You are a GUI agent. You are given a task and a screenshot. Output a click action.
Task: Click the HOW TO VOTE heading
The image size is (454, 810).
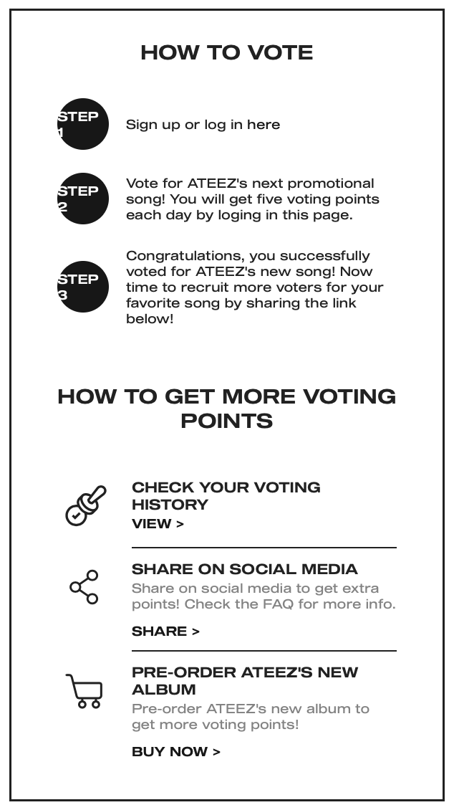click(x=226, y=52)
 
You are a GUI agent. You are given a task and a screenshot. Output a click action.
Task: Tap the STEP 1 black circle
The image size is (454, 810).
click(x=83, y=124)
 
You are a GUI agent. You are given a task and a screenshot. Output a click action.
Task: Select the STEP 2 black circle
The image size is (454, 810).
click(x=83, y=199)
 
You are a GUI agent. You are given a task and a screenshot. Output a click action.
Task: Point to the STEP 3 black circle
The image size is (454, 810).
click(x=83, y=287)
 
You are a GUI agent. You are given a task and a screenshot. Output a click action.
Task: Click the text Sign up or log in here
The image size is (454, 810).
click(x=203, y=125)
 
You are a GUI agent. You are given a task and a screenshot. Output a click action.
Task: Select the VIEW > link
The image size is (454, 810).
click(x=158, y=524)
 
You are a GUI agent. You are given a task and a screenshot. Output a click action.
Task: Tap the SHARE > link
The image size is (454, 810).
click(x=165, y=632)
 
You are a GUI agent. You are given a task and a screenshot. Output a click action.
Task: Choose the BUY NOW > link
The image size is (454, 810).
click(x=175, y=752)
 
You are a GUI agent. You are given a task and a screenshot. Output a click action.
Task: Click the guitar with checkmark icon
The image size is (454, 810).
click(x=85, y=505)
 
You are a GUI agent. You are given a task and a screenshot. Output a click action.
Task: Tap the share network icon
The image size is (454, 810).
click(x=84, y=587)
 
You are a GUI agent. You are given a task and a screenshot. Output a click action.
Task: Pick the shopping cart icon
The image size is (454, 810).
click(x=84, y=691)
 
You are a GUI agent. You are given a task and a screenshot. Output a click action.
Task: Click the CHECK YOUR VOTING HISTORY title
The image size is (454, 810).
click(x=226, y=496)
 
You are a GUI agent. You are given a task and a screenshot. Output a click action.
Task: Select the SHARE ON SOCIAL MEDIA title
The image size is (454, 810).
click(x=244, y=569)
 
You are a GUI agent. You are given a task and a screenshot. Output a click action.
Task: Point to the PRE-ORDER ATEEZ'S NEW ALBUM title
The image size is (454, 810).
click(x=245, y=681)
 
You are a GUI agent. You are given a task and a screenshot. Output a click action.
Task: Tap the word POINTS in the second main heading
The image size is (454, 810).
click(x=226, y=421)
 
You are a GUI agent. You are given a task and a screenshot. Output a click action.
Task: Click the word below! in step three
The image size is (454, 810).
click(x=150, y=319)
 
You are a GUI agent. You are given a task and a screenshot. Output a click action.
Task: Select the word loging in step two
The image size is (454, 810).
click(x=242, y=215)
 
